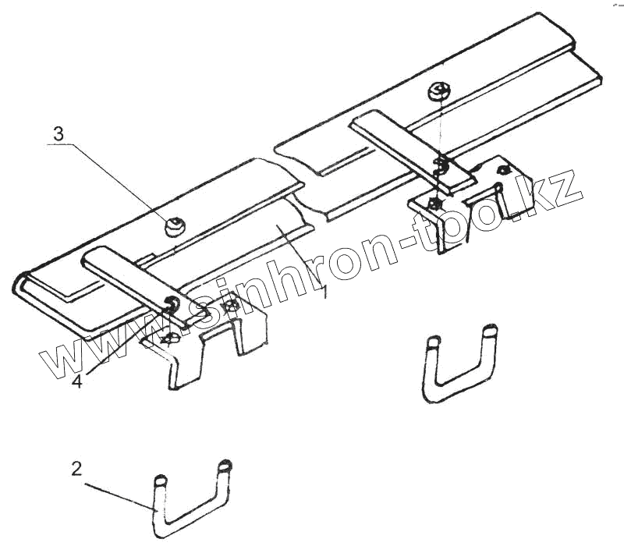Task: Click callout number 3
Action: click(58, 133)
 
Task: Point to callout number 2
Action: click(76, 469)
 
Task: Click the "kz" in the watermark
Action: click(558, 191)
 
